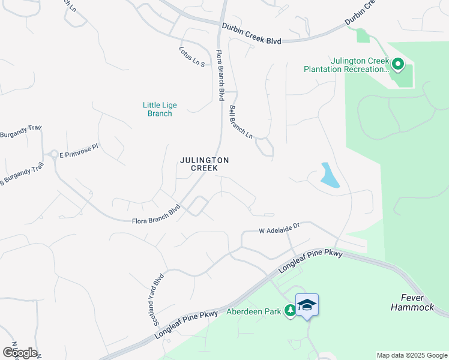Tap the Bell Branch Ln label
coord(241,122)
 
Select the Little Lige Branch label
coord(160,109)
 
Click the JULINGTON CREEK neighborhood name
coord(205,164)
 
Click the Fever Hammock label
coord(412,302)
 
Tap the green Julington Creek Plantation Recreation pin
coord(397,63)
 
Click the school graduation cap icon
coord(307,304)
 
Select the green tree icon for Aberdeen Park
coord(291,311)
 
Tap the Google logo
coord(20,352)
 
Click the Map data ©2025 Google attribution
coord(412,355)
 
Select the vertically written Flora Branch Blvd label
coord(220,75)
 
